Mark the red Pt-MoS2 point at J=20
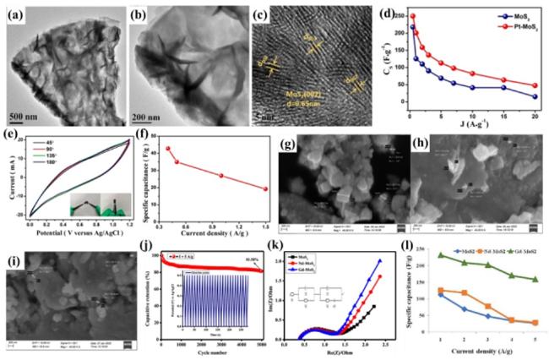click(x=535, y=85)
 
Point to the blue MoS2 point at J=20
click(x=535, y=96)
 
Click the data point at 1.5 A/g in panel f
click(x=265, y=189)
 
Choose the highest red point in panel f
click(x=168, y=149)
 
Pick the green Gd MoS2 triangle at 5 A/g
click(x=535, y=279)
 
